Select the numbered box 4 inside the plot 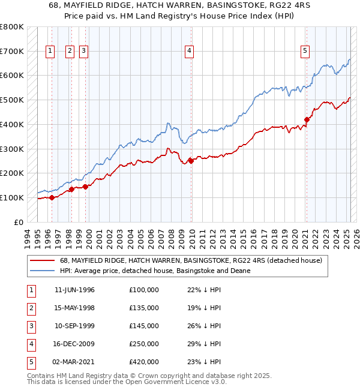189,52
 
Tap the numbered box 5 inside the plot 305,52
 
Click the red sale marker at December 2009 191,160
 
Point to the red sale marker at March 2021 307,119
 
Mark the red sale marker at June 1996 52,197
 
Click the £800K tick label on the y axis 11,27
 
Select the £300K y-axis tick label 11,149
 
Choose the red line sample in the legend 43,261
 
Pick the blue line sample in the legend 43,271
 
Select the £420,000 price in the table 144,362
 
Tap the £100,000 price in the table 144,290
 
